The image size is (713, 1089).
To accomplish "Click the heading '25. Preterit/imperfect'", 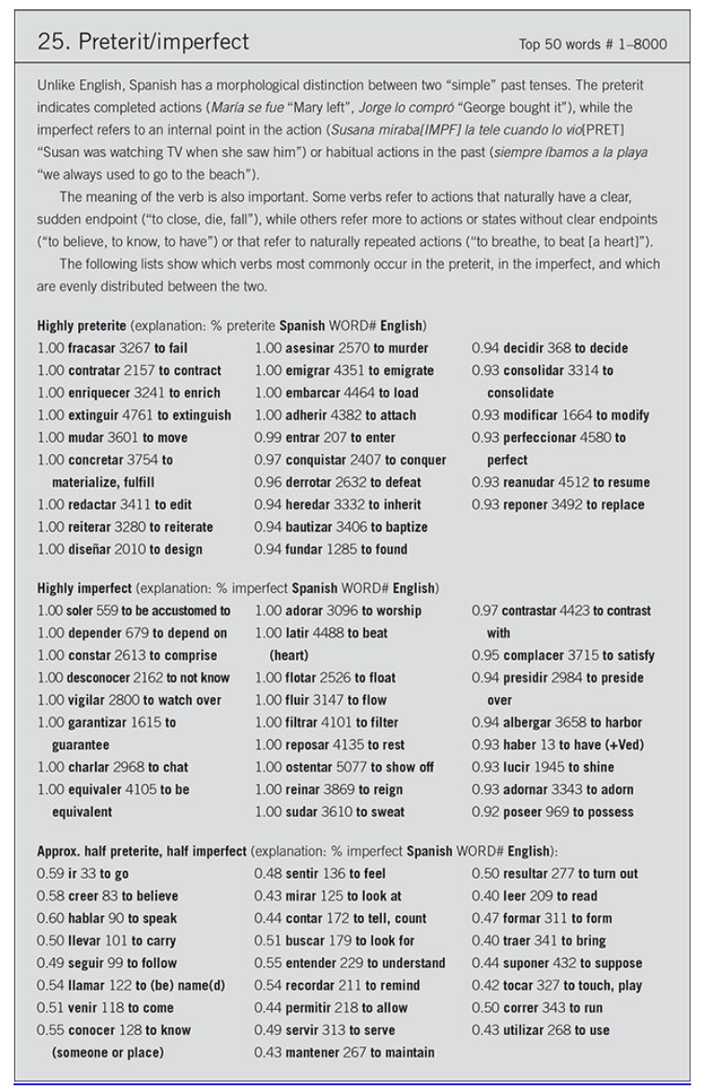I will click(x=142, y=43).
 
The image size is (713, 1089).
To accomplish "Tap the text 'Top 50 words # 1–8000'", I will click(x=593, y=45).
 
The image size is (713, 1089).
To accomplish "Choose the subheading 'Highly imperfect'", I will click(x=85, y=588).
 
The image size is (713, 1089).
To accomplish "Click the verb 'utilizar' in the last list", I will click(x=528, y=1030).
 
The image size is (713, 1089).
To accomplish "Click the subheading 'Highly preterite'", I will click(x=82, y=326).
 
